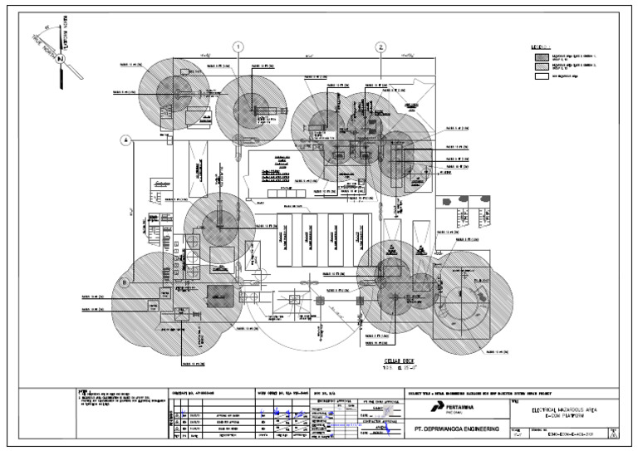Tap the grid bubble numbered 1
pos(239,47)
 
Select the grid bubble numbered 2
pos(380,47)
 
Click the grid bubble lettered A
pos(126,140)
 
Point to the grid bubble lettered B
pos(126,282)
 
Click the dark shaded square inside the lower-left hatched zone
pos(220,293)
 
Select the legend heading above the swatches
pos(541,47)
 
